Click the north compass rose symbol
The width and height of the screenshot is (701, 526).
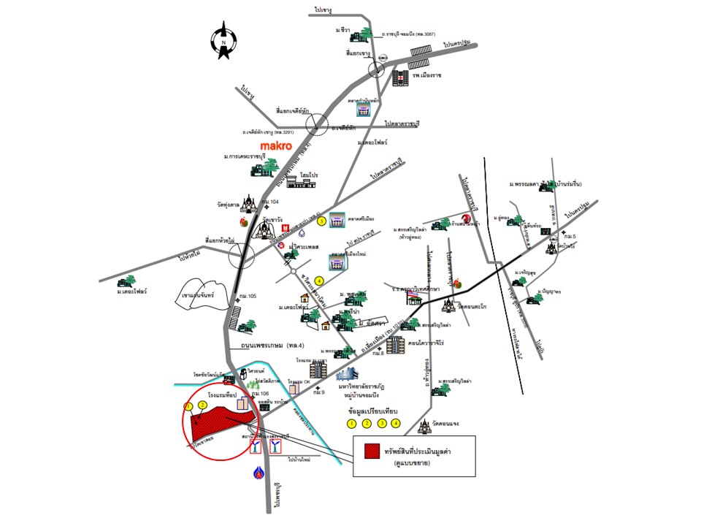coord(223,41)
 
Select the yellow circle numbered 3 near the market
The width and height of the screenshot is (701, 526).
coord(321,221)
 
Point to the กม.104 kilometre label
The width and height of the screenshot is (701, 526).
coord(270,201)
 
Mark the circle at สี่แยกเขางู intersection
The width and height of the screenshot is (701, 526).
coord(377,69)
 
